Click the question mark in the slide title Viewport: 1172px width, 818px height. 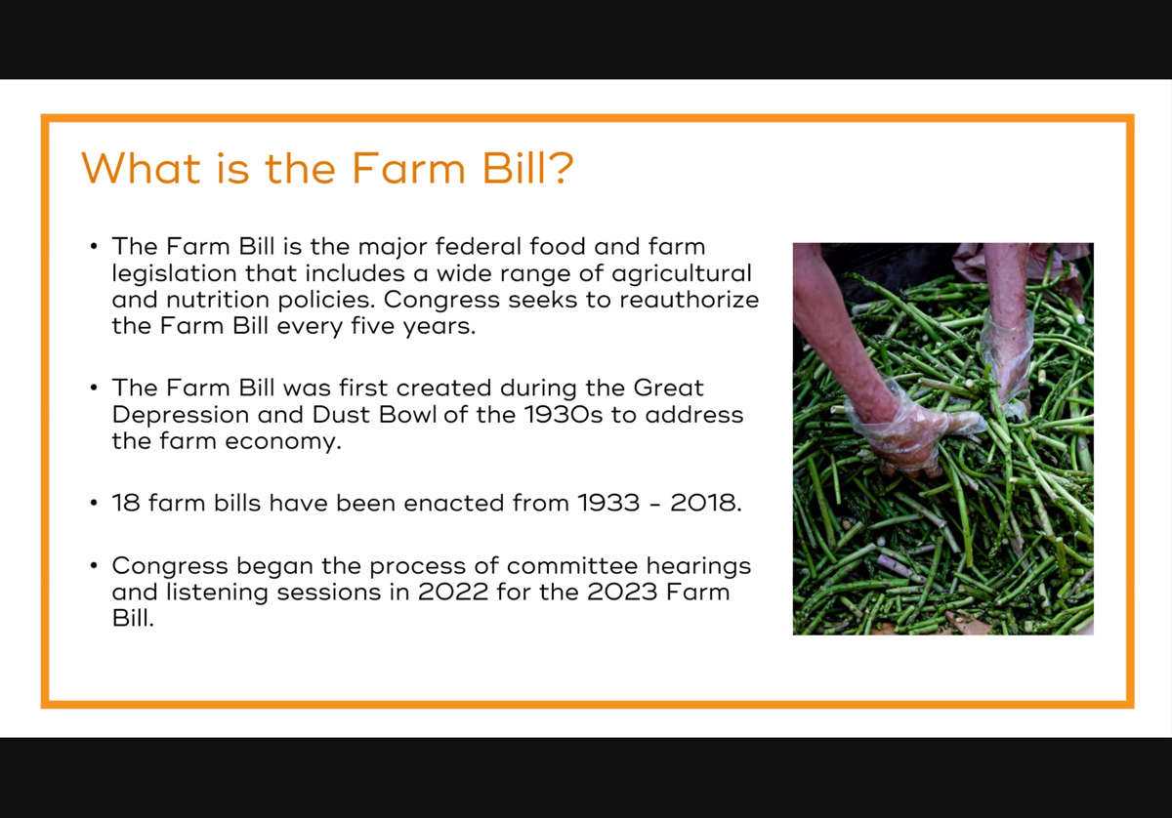pyautogui.click(x=562, y=168)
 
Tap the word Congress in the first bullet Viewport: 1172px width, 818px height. pyautogui.click(x=441, y=300)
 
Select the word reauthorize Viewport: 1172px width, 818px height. pyautogui.click(x=690, y=300)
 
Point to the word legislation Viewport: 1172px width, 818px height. pyautogui.click(x=174, y=273)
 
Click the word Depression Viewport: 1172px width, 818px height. pyautogui.click(x=181, y=415)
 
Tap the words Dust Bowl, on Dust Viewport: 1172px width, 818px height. pyautogui.click(x=341, y=415)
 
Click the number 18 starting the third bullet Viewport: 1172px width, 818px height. pyautogui.click(x=126, y=503)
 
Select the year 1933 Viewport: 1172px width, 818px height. pyautogui.click(x=608, y=503)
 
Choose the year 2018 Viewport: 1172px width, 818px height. pyautogui.click(x=706, y=503)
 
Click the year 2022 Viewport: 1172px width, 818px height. pyautogui.click(x=453, y=593)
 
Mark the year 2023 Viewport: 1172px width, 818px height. pyautogui.click(x=621, y=593)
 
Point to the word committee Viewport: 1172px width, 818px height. pyautogui.click(x=572, y=566)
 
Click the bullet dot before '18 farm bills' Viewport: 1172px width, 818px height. pyautogui.click(x=94, y=503)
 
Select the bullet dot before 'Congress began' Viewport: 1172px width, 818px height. pyautogui.click(x=94, y=566)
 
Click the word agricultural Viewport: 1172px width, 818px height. pyautogui.click(x=682, y=273)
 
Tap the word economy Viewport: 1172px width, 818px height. pyautogui.click(x=283, y=442)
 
